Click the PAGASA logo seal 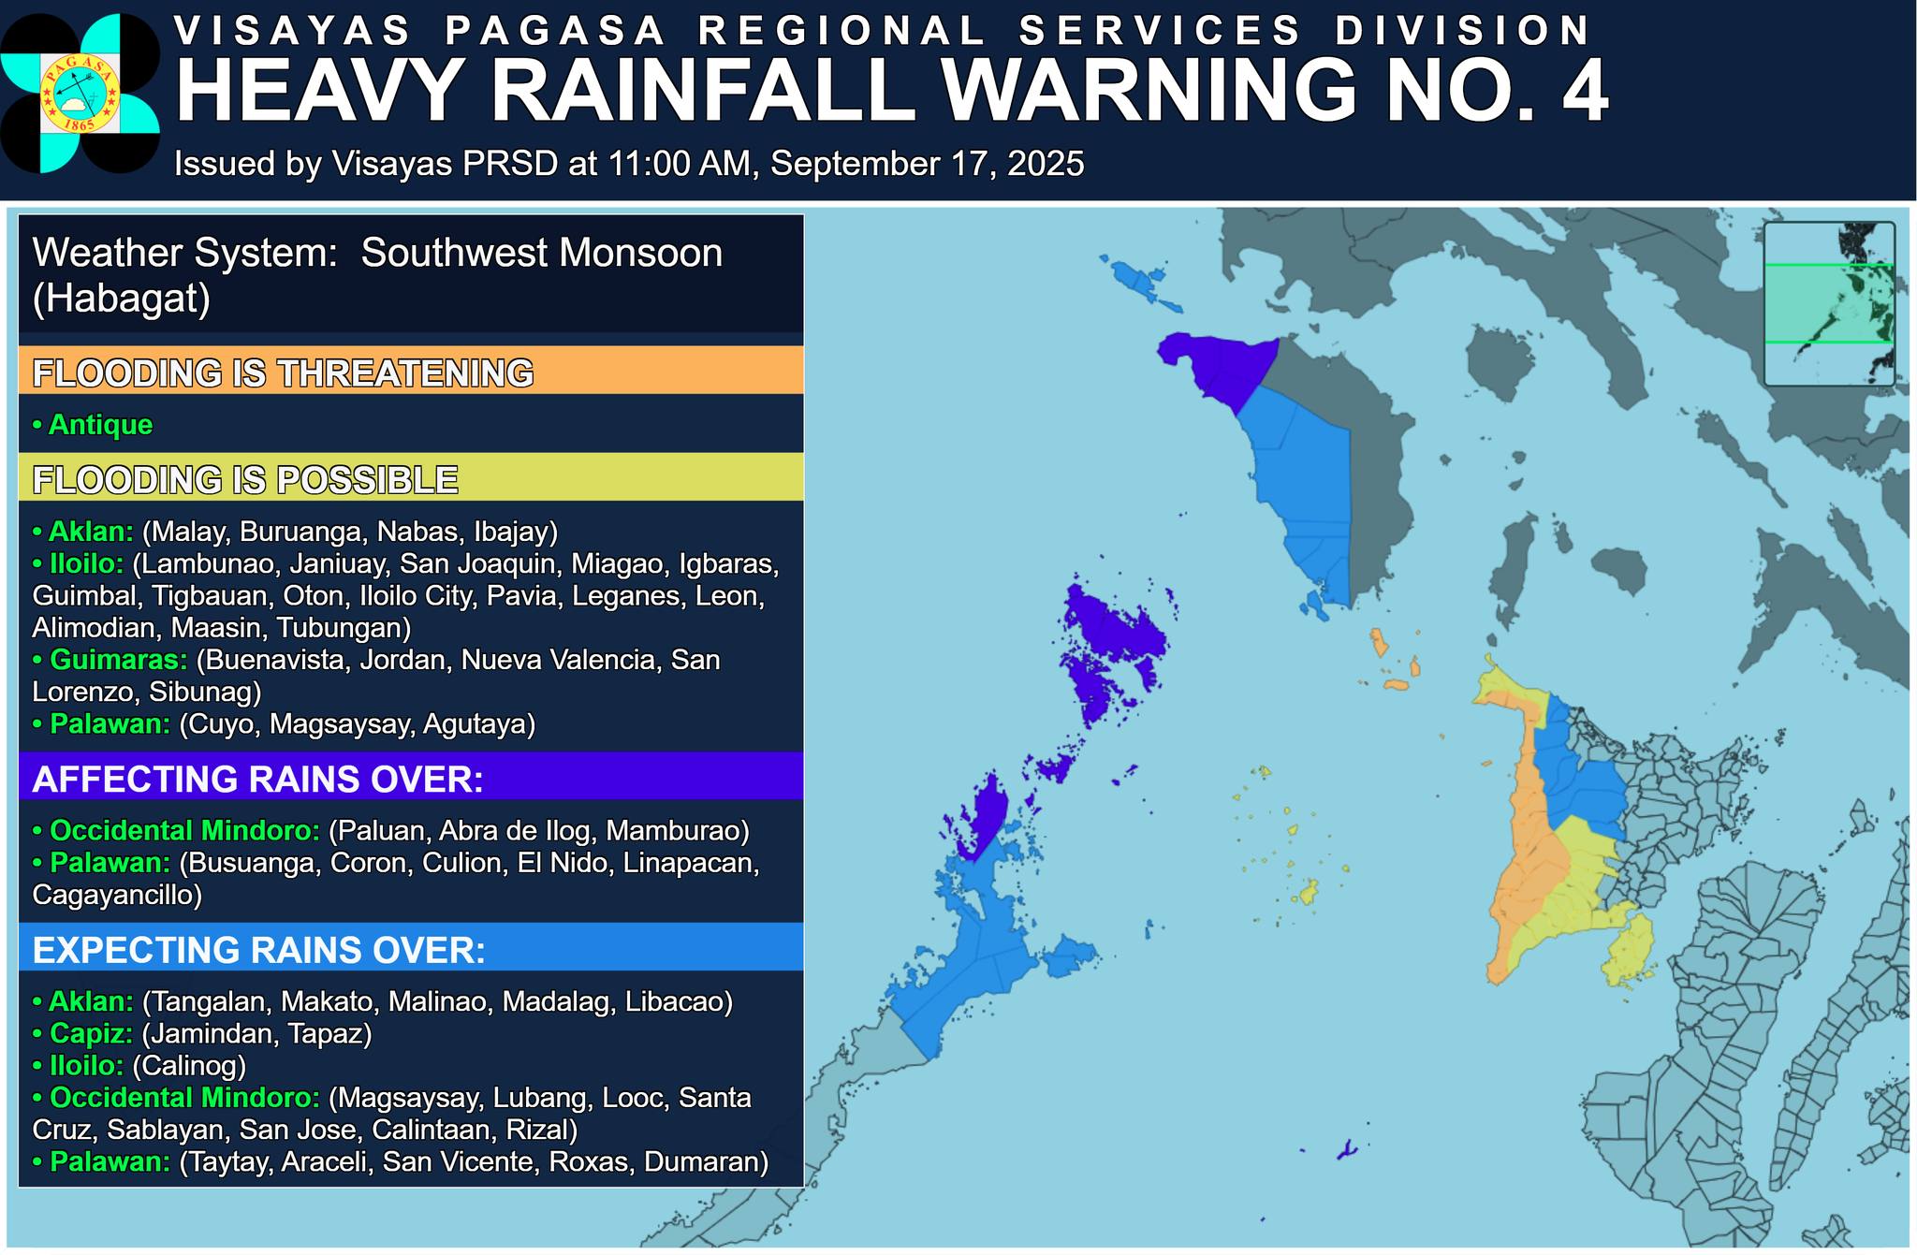pos(79,94)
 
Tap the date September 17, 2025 pos(927,164)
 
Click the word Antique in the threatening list pos(100,425)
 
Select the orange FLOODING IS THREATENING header pos(410,372)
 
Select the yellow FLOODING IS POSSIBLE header pos(410,478)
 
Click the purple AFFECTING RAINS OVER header pos(410,778)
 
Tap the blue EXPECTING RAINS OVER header pos(410,949)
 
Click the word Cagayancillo pos(116,895)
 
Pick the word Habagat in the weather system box pos(121,299)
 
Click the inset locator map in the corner pos(1828,304)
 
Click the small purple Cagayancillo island pos(1346,1149)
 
